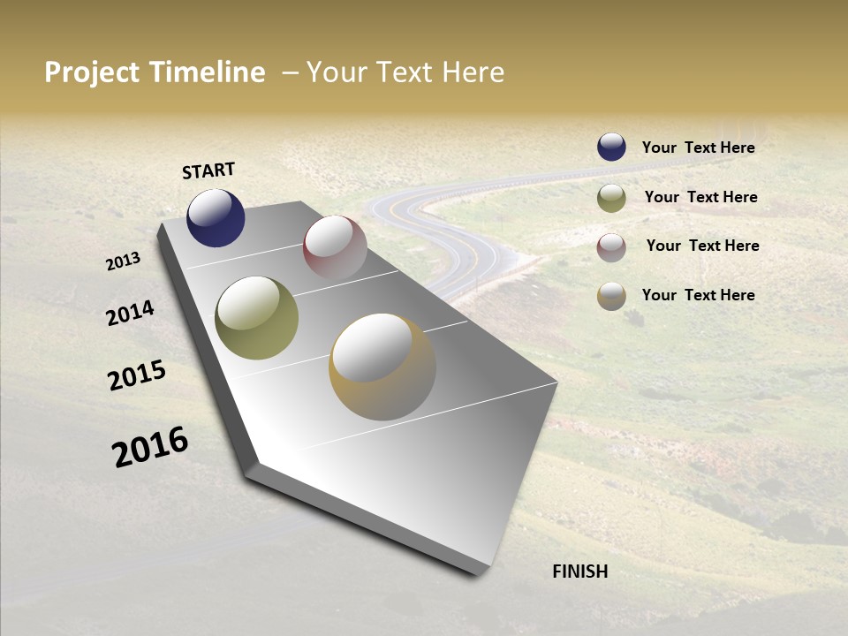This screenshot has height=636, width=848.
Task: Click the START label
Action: point(208,170)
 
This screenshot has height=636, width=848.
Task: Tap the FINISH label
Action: point(579,572)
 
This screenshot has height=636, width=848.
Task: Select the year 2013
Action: point(123,261)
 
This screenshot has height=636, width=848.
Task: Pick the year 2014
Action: point(130,313)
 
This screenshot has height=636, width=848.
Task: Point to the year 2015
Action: point(137,375)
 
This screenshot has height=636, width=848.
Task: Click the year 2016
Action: point(150,447)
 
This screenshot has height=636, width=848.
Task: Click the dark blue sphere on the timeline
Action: point(216,217)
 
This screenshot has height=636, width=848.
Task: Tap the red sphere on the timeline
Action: point(335,247)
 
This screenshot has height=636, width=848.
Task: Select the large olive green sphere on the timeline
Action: point(256,318)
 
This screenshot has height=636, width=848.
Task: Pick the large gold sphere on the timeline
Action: point(382,367)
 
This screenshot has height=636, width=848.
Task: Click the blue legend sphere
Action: point(611,147)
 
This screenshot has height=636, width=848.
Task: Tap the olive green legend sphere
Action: point(611,198)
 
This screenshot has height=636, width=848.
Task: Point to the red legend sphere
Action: point(611,247)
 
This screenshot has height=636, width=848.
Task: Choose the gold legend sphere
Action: point(611,296)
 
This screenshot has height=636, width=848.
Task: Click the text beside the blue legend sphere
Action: point(698,148)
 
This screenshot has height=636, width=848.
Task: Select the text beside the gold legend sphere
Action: point(698,295)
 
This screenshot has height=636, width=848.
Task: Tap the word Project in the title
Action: point(93,72)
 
